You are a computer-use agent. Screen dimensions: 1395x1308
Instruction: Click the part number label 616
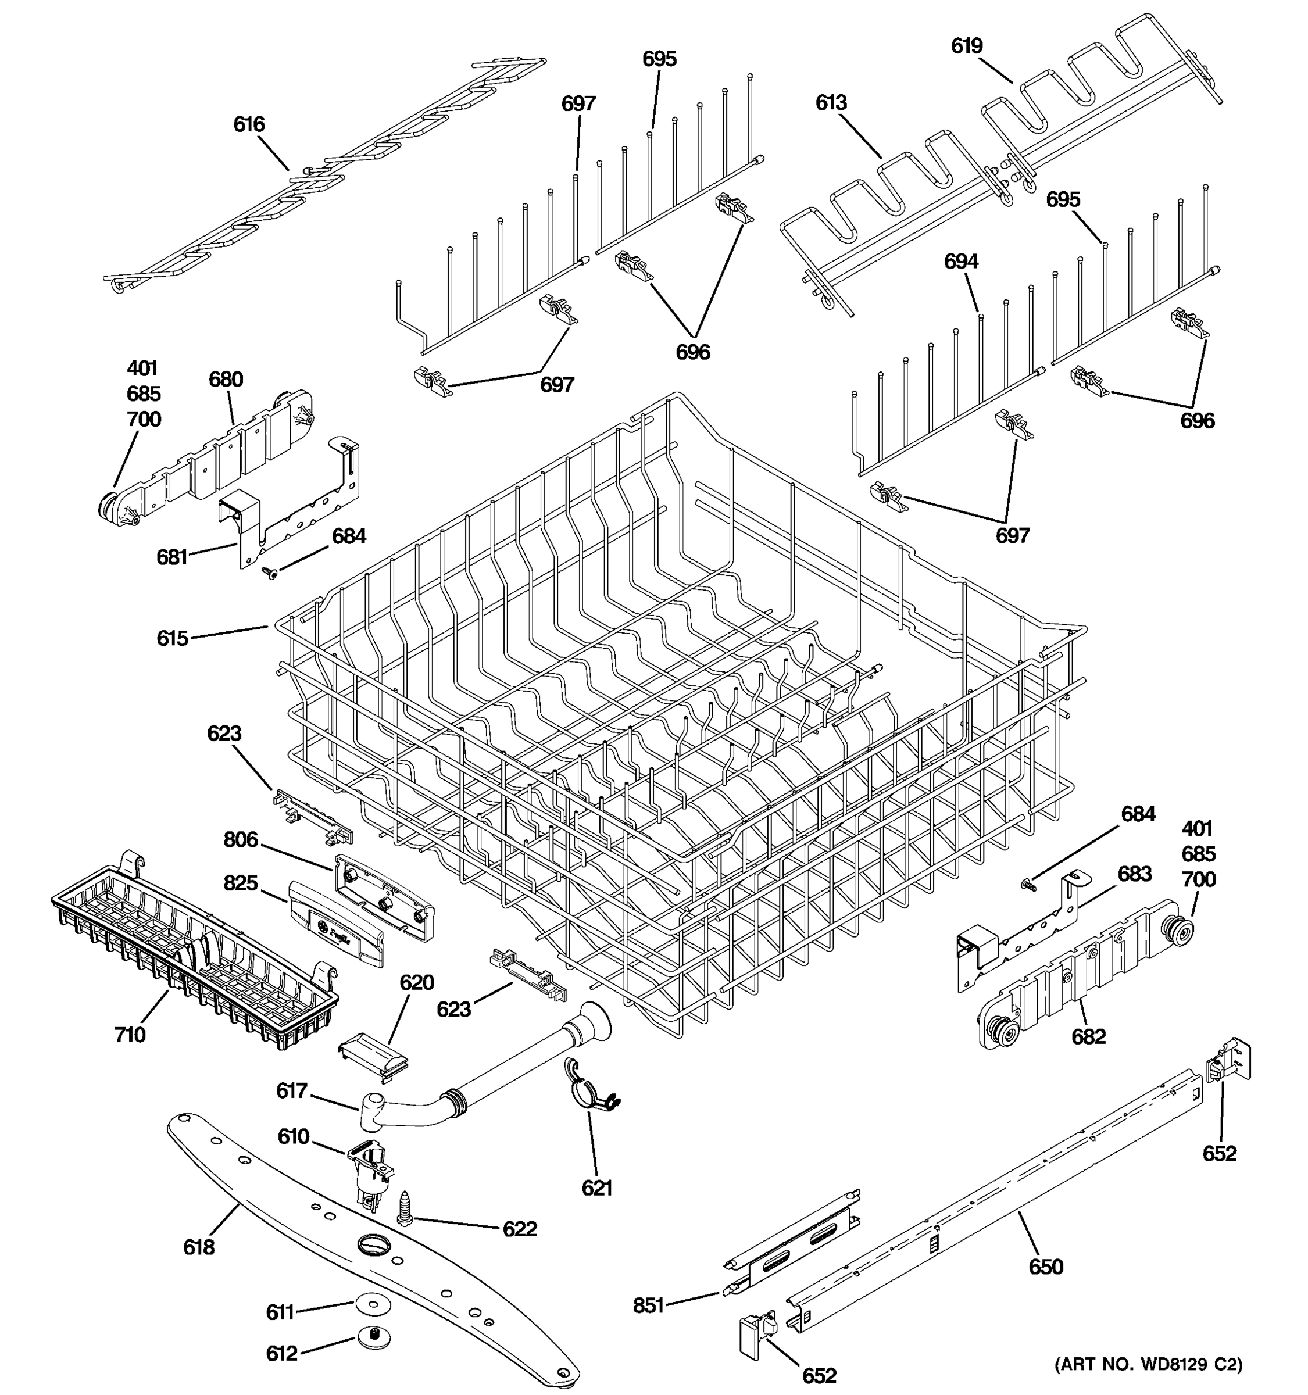tap(249, 125)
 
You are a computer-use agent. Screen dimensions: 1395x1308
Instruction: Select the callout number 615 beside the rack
tap(173, 639)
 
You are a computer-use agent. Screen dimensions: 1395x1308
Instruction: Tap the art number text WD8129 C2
tap(1148, 1364)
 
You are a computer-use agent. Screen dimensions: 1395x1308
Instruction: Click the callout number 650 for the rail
tap(1046, 1267)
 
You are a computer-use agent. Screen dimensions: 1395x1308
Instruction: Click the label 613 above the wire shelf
tap(831, 103)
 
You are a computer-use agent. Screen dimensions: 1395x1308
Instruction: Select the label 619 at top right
tap(967, 46)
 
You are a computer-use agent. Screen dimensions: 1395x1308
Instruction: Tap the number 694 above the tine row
tap(960, 262)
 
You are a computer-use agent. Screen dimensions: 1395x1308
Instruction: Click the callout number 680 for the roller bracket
tap(226, 380)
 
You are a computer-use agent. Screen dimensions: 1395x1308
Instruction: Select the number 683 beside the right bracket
tap(1135, 874)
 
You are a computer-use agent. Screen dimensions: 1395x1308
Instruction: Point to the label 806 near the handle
tap(241, 840)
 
